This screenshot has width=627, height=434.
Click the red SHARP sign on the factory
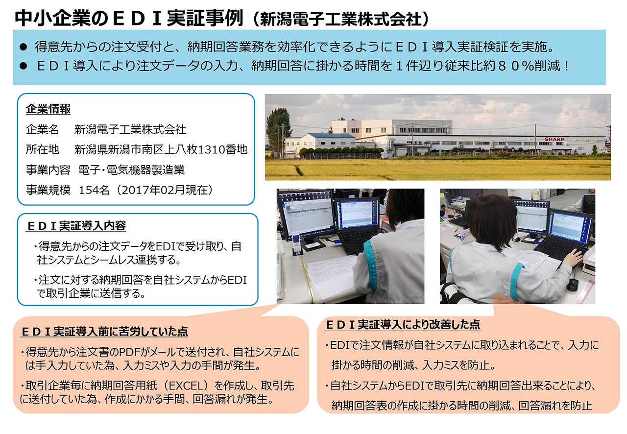coord(554,139)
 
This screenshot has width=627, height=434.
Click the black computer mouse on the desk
coord(572,285)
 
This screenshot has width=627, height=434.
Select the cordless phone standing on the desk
coord(296,244)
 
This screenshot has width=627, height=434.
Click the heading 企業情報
coord(48,109)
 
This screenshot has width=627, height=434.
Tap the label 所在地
coord(42,149)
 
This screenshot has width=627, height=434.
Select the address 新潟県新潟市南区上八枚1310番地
coord(161,149)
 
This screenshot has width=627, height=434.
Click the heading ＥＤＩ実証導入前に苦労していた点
coord(104,332)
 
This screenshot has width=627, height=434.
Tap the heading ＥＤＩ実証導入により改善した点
coord(403,324)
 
